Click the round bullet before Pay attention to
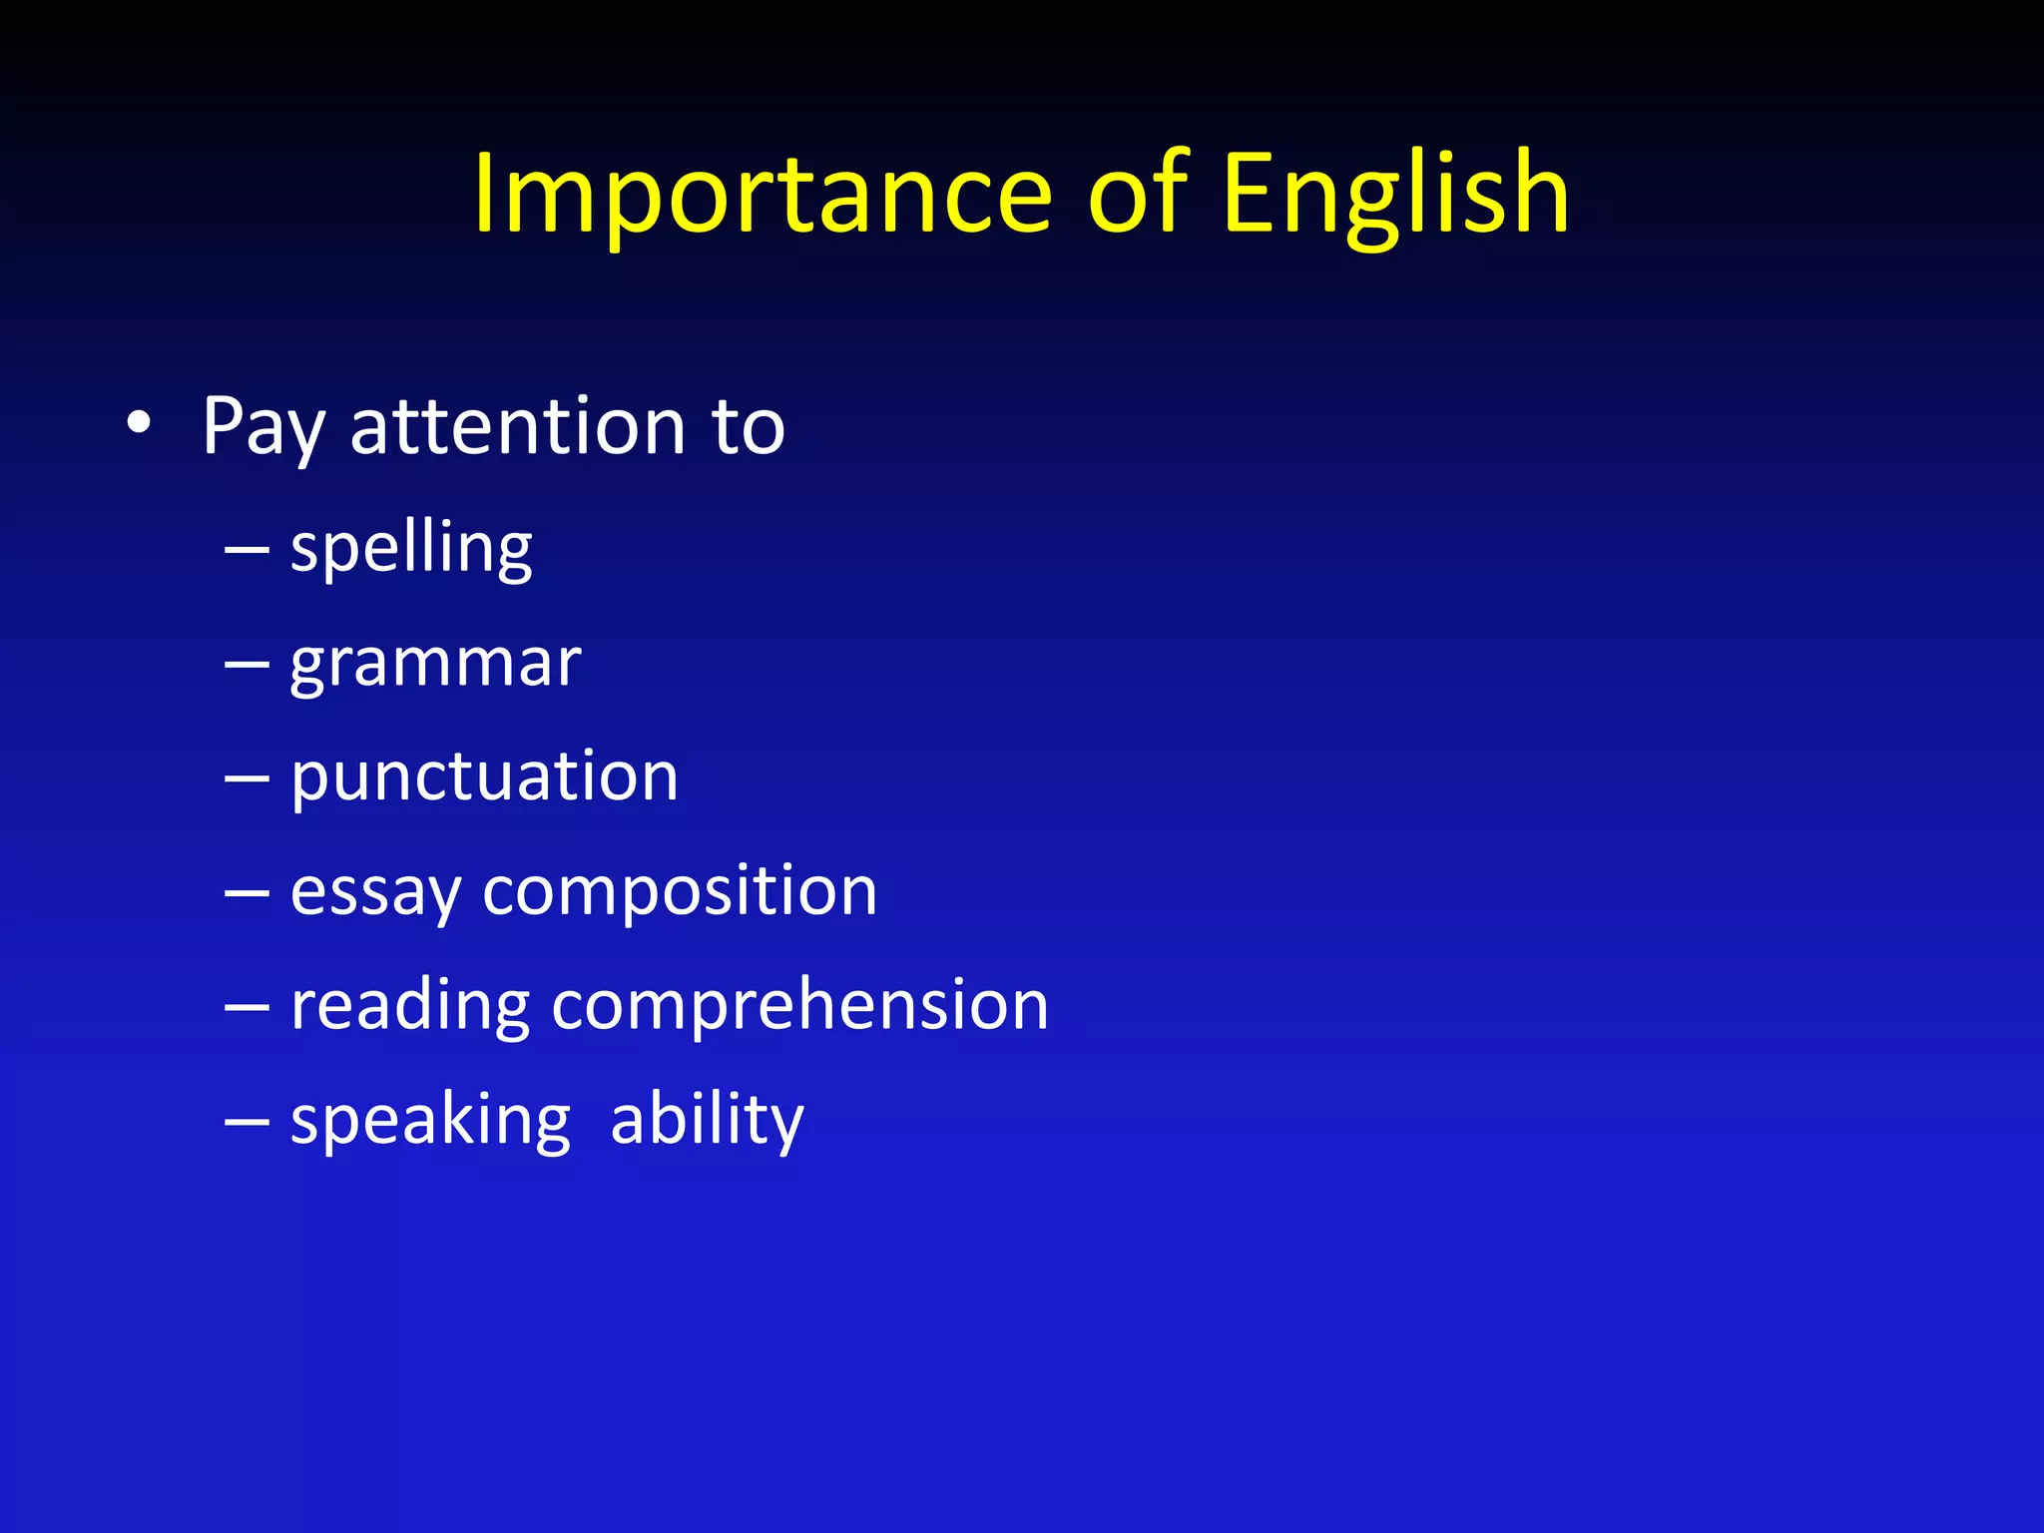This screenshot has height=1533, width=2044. (x=140, y=424)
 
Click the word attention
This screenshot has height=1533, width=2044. (x=518, y=427)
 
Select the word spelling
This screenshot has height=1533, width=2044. (x=411, y=549)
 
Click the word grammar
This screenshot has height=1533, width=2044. (x=435, y=663)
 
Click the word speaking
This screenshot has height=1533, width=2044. (x=430, y=1120)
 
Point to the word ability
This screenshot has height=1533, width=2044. (x=707, y=1120)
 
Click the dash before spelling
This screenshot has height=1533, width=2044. (x=247, y=550)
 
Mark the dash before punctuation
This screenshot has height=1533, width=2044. (x=247, y=778)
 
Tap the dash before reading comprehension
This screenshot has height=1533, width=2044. (x=247, y=1007)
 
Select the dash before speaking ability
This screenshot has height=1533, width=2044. (x=247, y=1122)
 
